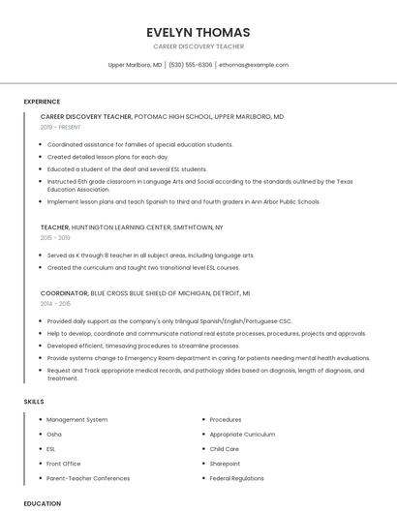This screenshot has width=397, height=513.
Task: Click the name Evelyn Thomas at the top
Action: click(198, 32)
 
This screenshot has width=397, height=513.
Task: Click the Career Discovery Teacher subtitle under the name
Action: click(198, 46)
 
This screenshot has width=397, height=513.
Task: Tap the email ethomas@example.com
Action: click(253, 65)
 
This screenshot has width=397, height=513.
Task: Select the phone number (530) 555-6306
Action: click(190, 65)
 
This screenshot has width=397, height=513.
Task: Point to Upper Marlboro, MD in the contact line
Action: click(135, 65)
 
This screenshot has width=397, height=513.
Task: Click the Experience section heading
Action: click(42, 102)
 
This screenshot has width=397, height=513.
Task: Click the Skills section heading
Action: click(34, 401)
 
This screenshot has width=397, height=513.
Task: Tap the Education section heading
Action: click(42, 503)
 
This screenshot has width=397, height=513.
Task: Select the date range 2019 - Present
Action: click(61, 127)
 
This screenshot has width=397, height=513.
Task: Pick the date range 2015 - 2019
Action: click(55, 237)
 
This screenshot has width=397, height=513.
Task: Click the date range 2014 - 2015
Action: click(55, 303)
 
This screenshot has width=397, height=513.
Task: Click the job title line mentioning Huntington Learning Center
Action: click(132, 226)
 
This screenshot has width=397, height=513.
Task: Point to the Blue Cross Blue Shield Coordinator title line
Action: click(145, 292)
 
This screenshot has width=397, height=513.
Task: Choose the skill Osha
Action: click(54, 435)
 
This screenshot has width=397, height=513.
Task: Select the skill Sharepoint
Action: click(225, 464)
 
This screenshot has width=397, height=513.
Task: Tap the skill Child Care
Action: click(224, 449)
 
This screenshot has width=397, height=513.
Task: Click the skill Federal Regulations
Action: click(236, 478)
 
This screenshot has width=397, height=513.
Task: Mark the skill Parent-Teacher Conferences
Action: click(88, 478)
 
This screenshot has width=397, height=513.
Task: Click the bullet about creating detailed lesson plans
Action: click(107, 156)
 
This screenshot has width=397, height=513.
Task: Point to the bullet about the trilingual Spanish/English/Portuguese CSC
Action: click(169, 320)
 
